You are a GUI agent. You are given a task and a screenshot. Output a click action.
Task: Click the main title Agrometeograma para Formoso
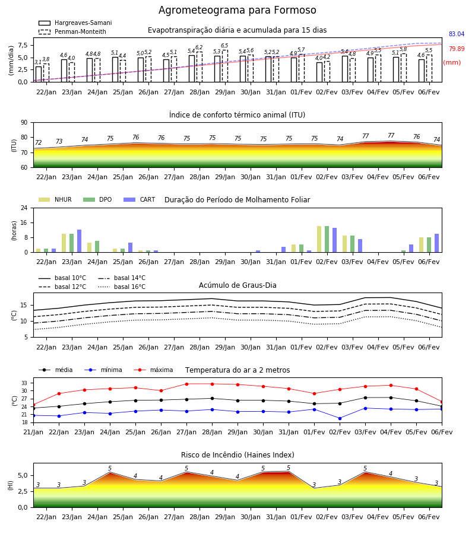237,10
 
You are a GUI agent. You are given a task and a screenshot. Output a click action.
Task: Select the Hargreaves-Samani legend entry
75,23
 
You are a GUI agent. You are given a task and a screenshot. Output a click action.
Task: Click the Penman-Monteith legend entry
72,31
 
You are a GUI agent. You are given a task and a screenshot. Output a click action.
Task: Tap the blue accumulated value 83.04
457,34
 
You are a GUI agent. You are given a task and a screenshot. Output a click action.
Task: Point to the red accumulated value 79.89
457,49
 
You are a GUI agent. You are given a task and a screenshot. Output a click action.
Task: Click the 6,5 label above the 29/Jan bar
224,46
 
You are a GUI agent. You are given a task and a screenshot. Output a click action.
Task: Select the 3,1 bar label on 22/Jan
38,62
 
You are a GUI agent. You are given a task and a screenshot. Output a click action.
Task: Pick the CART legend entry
139,199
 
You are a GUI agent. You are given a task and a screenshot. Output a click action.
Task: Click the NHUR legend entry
55,199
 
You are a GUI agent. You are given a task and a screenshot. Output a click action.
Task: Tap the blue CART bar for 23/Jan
80,241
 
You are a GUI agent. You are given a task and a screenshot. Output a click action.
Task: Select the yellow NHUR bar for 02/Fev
319,239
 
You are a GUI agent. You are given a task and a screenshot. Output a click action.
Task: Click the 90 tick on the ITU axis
24,123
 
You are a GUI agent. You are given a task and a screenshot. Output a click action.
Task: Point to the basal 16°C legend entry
122,287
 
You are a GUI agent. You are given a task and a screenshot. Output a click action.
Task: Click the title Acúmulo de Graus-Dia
237,285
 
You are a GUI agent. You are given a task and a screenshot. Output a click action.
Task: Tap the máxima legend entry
153,370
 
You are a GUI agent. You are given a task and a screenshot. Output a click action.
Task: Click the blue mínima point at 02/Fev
340,418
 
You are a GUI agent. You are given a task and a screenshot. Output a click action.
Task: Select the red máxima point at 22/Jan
59,393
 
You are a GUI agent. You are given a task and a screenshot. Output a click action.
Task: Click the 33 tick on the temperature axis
24,383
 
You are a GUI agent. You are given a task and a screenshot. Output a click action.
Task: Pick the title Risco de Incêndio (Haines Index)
237,454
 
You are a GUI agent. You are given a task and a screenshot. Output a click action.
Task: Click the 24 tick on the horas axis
24,208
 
